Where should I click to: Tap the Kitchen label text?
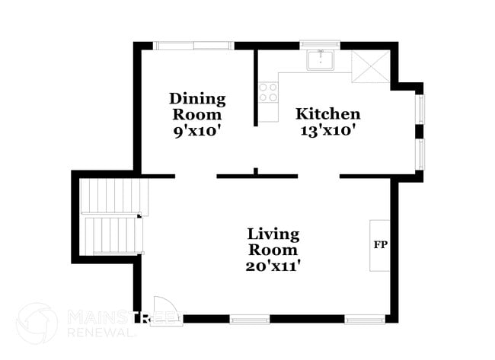point(327,114)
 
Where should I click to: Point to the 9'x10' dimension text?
point(197,130)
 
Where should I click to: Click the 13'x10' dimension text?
point(327,130)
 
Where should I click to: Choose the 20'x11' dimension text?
point(273,266)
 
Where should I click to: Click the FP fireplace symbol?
point(380,245)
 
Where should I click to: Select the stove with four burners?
point(267,93)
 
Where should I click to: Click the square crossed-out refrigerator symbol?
point(371,67)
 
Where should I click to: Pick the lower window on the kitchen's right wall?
point(420,154)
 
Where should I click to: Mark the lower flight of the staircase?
point(112,235)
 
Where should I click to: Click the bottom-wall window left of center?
point(250,319)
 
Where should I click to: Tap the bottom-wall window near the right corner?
point(365,319)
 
